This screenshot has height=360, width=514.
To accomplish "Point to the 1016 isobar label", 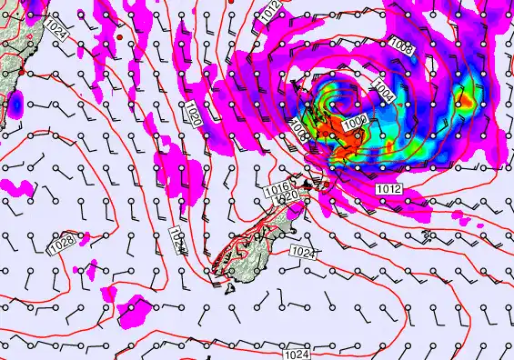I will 277,187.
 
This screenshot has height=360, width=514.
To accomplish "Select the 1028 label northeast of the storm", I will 401,47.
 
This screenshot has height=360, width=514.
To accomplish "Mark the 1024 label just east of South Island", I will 304,251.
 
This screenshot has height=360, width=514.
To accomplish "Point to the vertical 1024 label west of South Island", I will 176,240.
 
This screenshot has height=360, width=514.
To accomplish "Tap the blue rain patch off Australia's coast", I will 15,106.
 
